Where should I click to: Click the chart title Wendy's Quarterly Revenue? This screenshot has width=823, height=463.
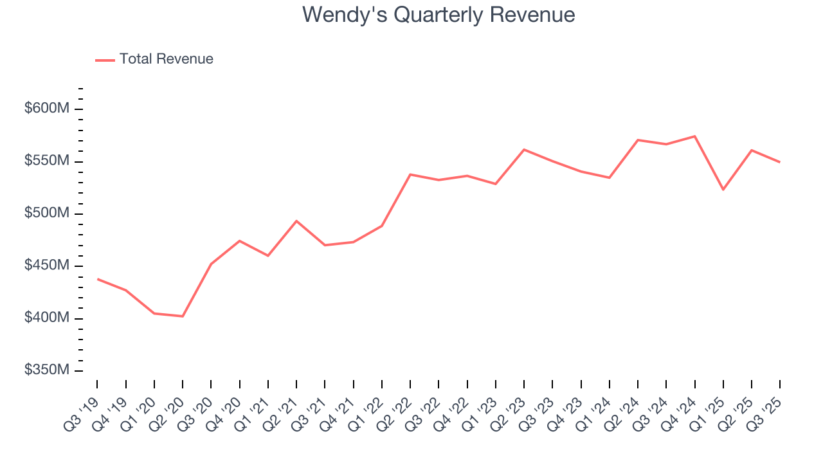click(439, 15)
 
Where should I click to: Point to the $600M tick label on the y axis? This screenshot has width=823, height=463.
click(46, 109)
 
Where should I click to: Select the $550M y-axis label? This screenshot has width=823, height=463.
click(46, 161)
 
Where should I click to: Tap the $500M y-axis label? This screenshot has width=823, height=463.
click(46, 213)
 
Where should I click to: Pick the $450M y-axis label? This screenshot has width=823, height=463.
click(46, 266)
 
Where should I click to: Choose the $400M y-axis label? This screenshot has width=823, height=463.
click(46, 318)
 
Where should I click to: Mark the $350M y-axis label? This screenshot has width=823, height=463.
click(46, 371)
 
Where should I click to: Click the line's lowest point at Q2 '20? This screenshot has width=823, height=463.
click(183, 316)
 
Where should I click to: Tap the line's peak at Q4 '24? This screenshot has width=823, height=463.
click(695, 136)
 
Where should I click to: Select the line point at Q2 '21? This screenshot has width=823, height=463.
click(296, 221)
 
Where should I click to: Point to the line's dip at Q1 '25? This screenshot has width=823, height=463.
click(723, 190)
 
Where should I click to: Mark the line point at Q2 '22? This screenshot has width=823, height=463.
click(410, 174)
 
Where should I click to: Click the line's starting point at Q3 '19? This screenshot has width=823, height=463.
click(97, 279)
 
